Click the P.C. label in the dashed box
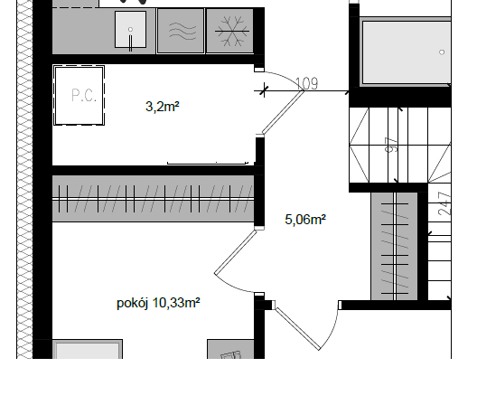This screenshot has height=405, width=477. [x=84, y=95]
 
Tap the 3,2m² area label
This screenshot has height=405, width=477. [x=163, y=107]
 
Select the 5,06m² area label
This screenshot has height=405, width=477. [x=305, y=220]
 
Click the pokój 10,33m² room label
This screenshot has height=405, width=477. [x=158, y=303]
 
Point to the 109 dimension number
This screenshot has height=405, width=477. [x=306, y=83]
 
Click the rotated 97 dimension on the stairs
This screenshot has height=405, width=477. [x=391, y=145]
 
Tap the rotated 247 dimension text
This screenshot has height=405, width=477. [x=444, y=203]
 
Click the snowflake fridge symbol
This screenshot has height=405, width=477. [x=232, y=31]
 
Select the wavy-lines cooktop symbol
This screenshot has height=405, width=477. [x=182, y=31]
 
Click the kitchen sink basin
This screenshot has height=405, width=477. [x=130, y=30]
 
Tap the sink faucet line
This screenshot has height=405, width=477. [x=131, y=43]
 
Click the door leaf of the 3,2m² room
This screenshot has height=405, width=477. [x=284, y=112]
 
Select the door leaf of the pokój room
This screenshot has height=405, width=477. [x=236, y=252]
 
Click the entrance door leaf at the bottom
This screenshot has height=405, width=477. [x=298, y=328]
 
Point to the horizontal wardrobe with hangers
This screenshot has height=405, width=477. [x=153, y=199]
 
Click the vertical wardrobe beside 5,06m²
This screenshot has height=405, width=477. [x=394, y=246]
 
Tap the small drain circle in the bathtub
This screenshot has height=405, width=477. [x=442, y=52]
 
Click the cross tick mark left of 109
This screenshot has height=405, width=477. [x=264, y=89]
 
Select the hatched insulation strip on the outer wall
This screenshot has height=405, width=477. [x=24, y=179]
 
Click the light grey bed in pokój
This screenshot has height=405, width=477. [x=88, y=349]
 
